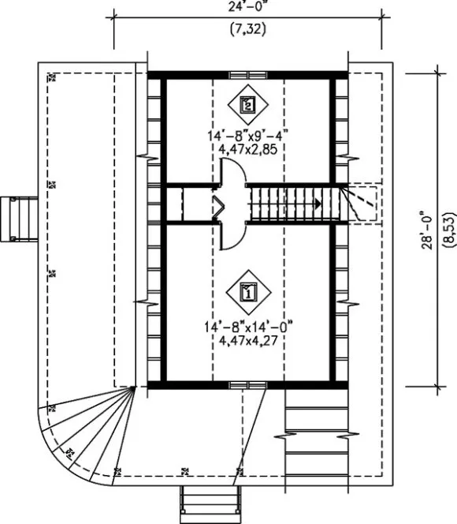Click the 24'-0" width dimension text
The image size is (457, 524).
click(247, 8)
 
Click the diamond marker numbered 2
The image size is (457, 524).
click(247, 103)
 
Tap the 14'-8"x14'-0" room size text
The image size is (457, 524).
click(247, 325)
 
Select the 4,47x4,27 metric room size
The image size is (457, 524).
click(247, 340)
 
